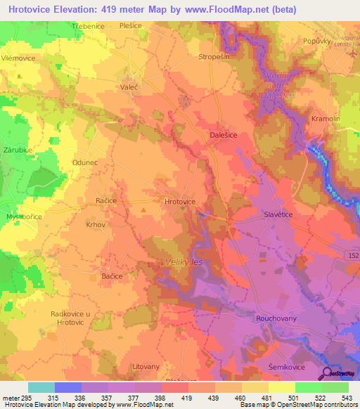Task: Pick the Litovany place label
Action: tap(146, 367)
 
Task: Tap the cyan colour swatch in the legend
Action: tap(41, 387)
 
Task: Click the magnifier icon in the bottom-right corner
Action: tap(326, 374)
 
